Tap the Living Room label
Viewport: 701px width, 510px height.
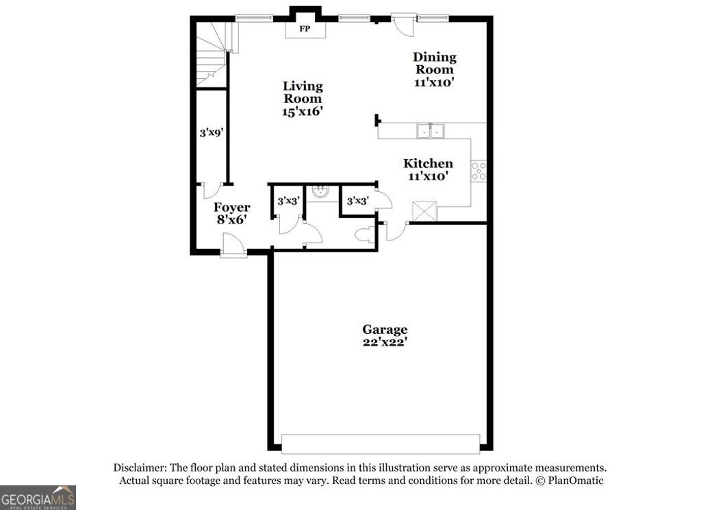tap(303, 92)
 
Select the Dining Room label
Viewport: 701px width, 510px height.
tap(434, 63)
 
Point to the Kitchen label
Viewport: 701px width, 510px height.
tap(428, 163)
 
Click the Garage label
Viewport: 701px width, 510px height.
tap(385, 330)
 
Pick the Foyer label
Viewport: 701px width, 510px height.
tap(231, 207)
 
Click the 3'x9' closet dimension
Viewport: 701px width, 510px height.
tap(212, 134)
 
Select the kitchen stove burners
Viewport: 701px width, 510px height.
tap(479, 171)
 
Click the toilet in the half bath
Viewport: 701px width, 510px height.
tap(365, 234)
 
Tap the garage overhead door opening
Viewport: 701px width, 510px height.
tap(380, 444)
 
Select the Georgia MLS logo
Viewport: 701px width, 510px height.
tap(38, 497)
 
